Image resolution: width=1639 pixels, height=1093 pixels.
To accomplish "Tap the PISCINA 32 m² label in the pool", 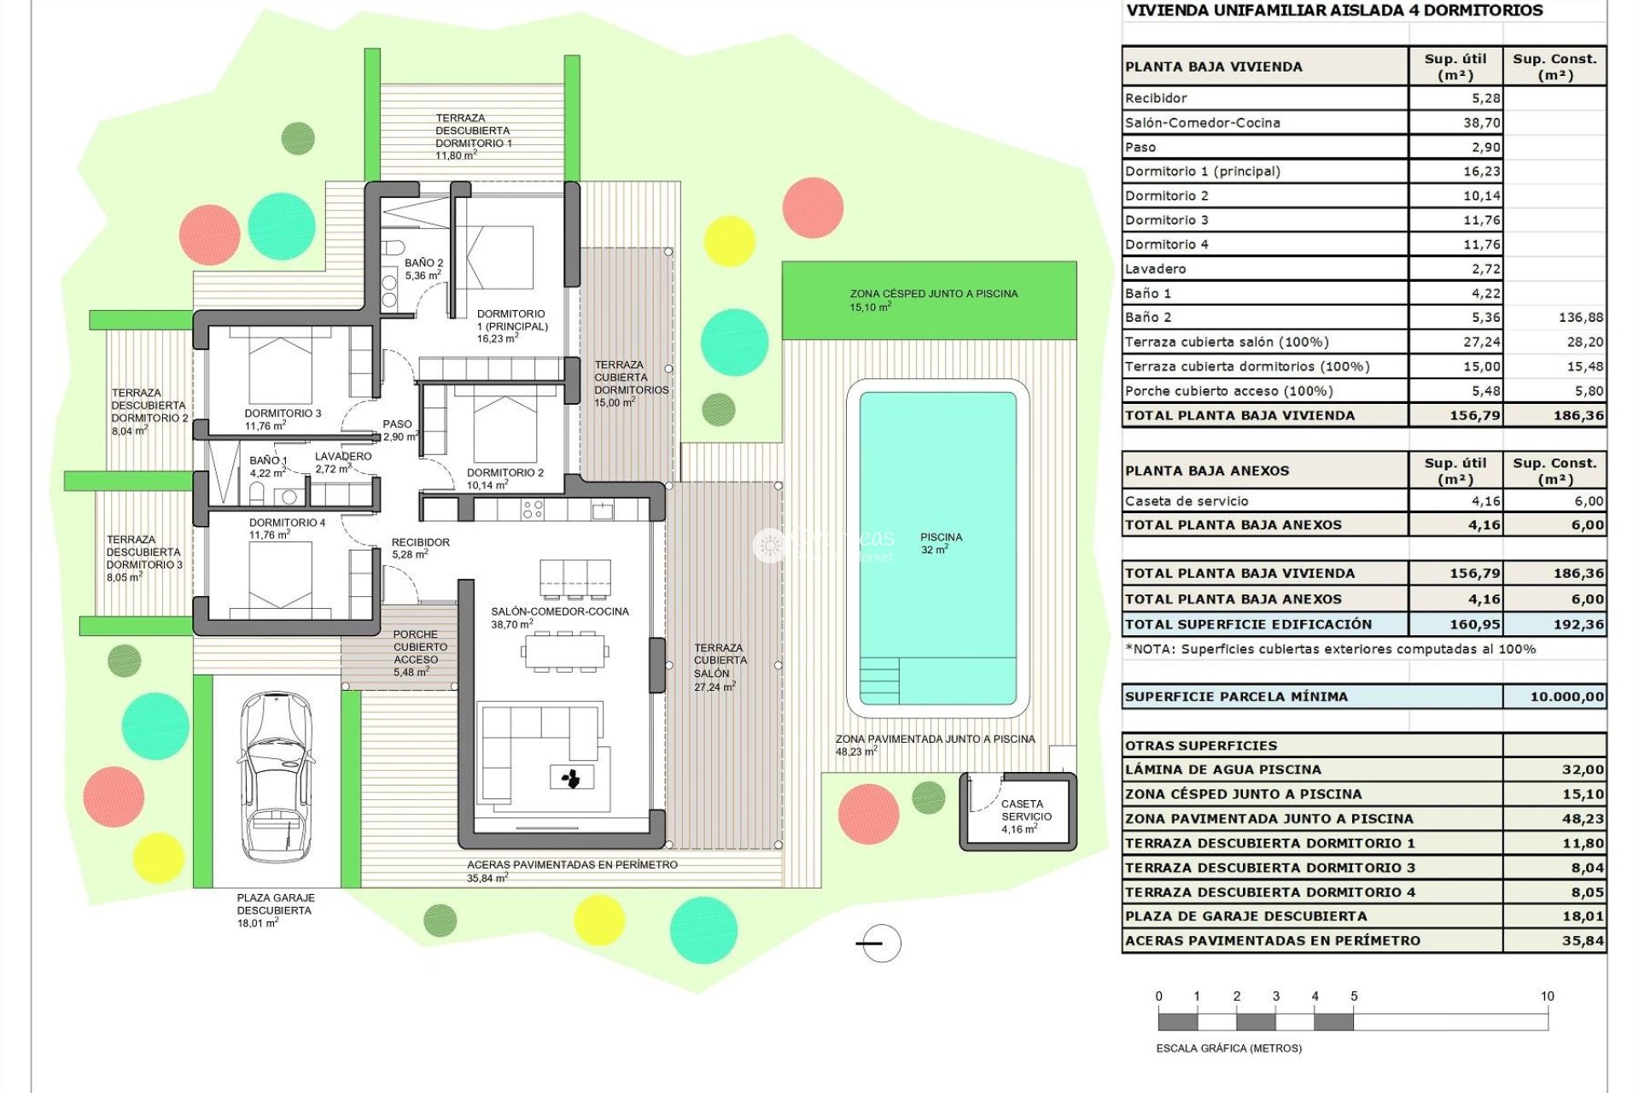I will pos(941,543).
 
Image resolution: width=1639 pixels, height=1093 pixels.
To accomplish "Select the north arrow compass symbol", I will pos(879,944).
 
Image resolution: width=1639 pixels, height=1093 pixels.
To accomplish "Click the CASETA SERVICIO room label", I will pos(1024,816).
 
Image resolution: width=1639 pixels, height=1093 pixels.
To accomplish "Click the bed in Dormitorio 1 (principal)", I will pos(499,256).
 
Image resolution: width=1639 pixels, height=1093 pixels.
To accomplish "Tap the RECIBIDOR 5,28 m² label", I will pos(419,548).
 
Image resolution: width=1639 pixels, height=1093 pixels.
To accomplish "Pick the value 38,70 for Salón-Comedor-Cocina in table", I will pos(1481,123).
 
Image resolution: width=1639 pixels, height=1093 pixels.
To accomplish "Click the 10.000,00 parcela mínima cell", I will pos(1566,697).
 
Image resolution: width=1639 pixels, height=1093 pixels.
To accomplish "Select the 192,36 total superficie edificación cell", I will pos(1578,624).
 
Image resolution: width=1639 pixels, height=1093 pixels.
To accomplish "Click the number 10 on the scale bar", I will pos(1547,996).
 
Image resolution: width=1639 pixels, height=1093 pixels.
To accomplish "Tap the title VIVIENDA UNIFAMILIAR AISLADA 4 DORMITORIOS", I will pos(1334,11).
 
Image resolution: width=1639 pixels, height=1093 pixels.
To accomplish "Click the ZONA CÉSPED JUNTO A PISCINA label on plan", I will pos(933,300).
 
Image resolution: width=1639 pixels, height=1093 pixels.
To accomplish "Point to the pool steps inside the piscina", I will pos(879,681).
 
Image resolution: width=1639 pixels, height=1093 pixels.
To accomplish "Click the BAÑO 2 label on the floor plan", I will pos(423,269).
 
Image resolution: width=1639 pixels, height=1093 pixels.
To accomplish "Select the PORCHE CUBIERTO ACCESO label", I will pos(419,653).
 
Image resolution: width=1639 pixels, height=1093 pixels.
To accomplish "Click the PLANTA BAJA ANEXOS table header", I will pos(1207,471).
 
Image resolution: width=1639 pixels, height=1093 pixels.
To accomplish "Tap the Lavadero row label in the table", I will pos(1155,269).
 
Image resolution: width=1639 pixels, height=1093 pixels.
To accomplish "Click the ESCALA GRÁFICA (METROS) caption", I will pos(1228,1048).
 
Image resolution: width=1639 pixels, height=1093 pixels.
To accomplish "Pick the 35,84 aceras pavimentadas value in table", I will pos(1583,941).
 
